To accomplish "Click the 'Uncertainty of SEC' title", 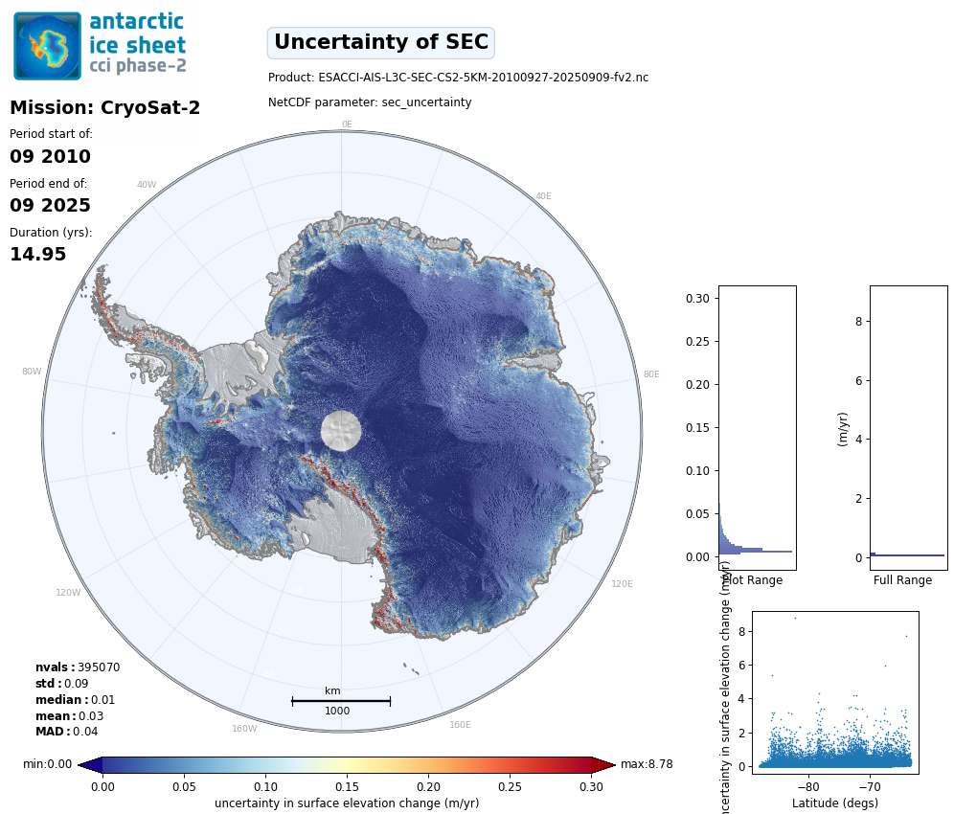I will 380,43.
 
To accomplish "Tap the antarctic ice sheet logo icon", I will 47,46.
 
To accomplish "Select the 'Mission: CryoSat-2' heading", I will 104,108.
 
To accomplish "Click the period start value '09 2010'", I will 50,157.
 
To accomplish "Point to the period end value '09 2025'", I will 50,206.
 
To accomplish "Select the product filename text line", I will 458,78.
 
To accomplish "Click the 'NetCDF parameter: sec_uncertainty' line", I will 370,102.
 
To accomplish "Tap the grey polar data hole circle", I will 342,431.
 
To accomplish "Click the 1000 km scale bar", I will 341,701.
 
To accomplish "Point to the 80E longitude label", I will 650,374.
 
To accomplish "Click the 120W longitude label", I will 68,593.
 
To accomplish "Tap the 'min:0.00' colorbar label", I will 47,764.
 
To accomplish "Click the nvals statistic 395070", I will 98,667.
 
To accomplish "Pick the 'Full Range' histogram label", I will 902,580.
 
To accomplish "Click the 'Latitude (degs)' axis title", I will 834,803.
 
